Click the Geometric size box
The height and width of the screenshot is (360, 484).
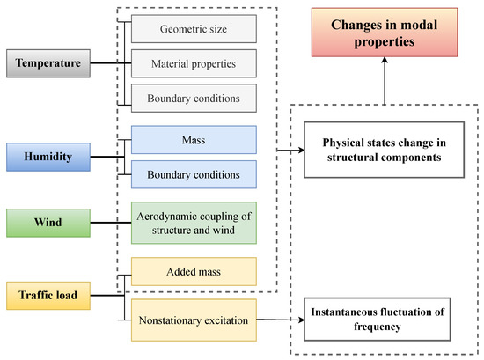(194, 28)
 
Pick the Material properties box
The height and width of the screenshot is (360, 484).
(194, 62)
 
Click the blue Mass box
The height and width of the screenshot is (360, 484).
(194, 139)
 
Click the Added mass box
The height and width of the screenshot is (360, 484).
(194, 271)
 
